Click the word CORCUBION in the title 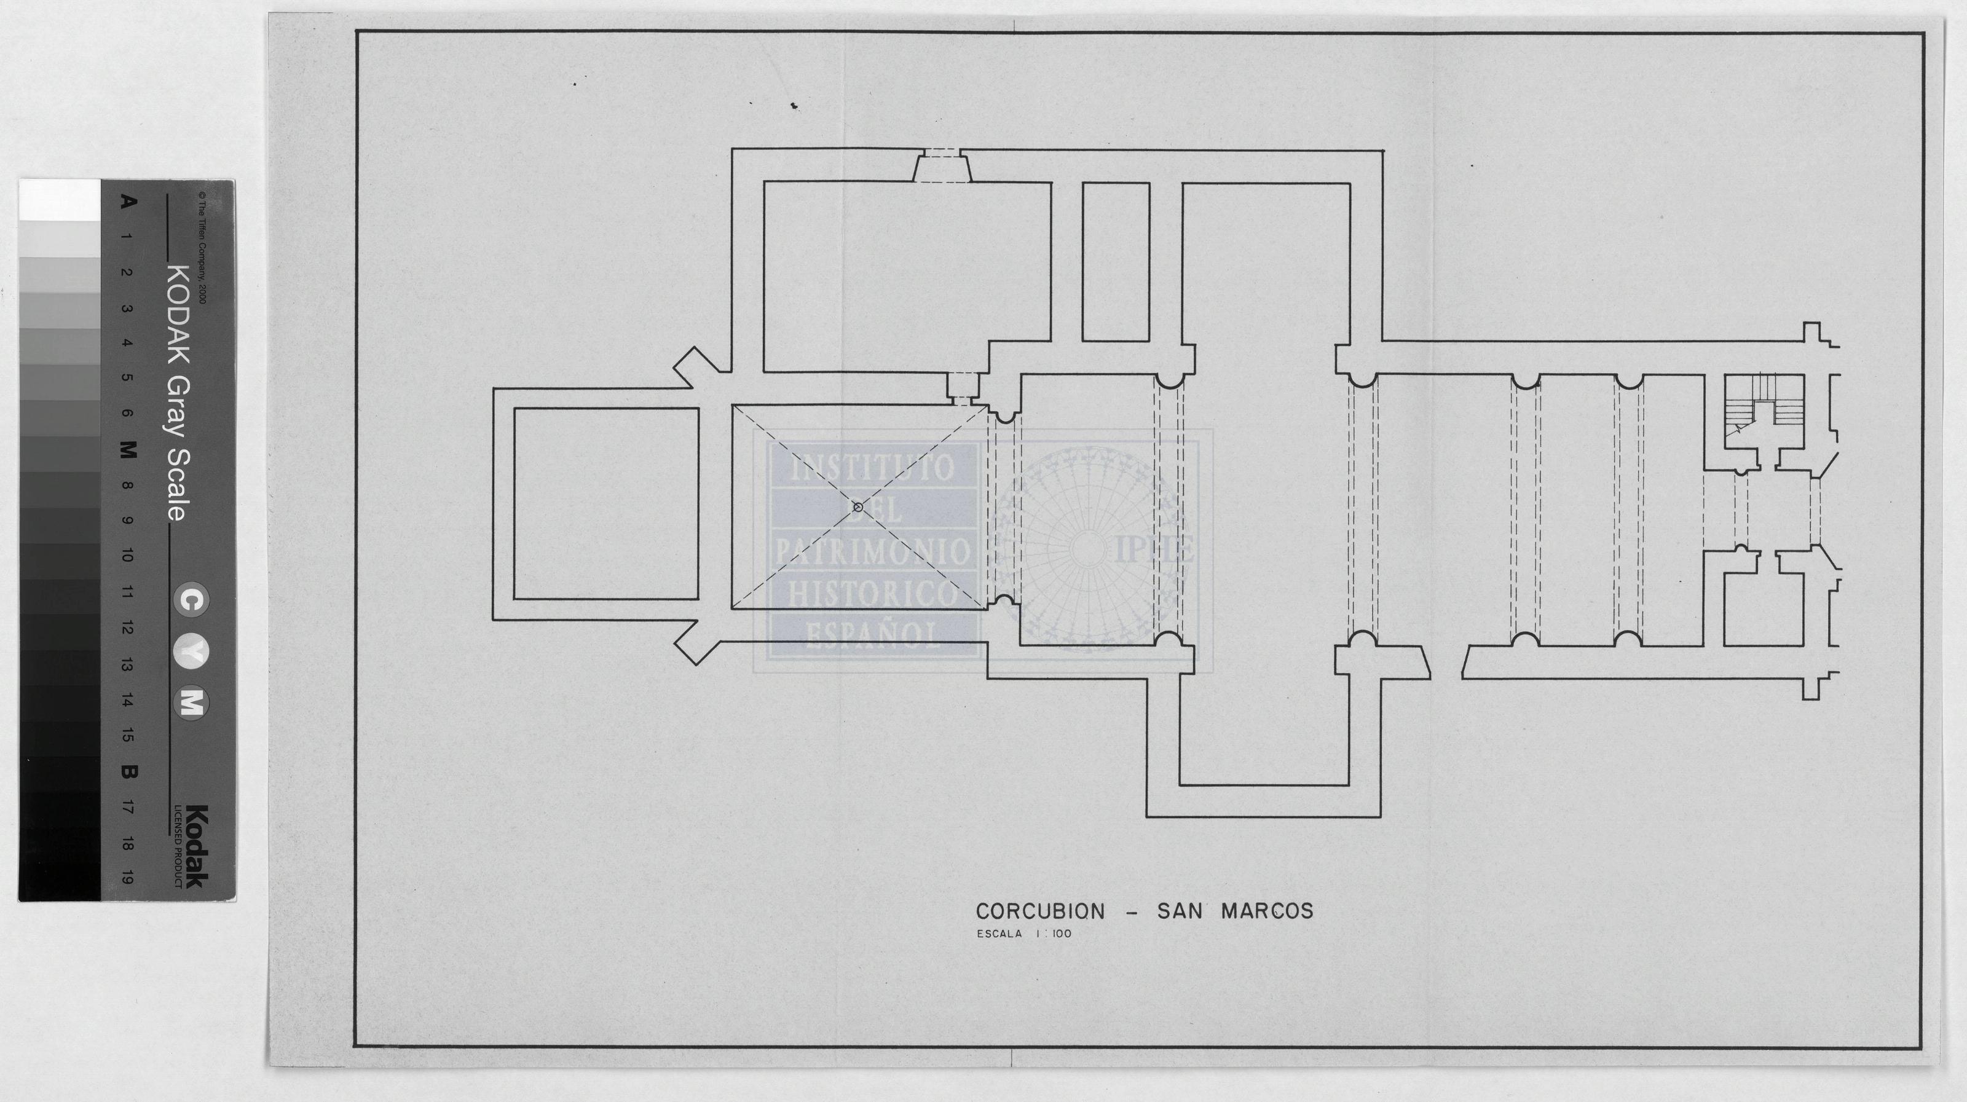pos(1040,911)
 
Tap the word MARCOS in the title pos(1267,911)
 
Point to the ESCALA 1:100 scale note pos(1024,933)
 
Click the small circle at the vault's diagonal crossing pos(857,506)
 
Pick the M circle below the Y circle pos(191,703)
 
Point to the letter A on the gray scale pos(128,202)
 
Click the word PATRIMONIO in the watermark pos(873,551)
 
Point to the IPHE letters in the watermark pos(1154,550)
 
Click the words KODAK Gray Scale pos(177,393)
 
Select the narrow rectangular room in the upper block pos(1116,262)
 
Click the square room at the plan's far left pos(606,504)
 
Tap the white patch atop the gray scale pos(60,200)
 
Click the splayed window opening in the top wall pos(943,167)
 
